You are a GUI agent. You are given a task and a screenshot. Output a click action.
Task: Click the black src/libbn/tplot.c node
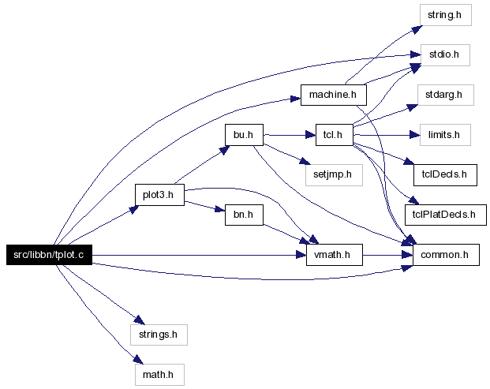click(50, 255)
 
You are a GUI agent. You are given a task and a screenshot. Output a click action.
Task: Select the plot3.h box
click(159, 195)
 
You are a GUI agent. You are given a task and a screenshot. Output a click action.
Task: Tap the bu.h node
click(244, 135)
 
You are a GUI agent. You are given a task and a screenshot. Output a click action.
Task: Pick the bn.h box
click(244, 215)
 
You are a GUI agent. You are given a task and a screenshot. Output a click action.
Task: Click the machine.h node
click(334, 95)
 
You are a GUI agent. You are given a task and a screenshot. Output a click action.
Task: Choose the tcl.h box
click(334, 135)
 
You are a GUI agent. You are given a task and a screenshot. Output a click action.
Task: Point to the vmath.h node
click(335, 255)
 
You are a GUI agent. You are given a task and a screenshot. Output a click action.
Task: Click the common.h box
click(446, 255)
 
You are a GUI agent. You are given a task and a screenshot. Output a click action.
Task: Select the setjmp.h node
click(334, 175)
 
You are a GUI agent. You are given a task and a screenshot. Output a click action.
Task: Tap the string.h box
click(445, 15)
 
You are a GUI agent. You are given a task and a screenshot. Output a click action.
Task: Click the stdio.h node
click(445, 55)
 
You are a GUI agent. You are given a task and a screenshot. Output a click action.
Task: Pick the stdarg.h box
click(445, 95)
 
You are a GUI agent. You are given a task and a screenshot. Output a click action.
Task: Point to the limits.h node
click(445, 135)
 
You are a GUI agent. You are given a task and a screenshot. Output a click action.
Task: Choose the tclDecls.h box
click(445, 175)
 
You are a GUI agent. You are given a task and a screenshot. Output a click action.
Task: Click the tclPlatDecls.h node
click(446, 215)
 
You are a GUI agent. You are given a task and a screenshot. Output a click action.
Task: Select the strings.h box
click(159, 335)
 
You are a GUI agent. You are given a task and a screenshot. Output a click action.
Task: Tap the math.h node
click(159, 375)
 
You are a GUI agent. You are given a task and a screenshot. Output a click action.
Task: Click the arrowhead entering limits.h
click(415, 135)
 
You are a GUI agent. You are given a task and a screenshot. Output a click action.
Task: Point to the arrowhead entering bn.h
click(219, 209)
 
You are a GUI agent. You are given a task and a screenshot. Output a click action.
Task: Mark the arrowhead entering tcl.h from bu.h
click(311, 135)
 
